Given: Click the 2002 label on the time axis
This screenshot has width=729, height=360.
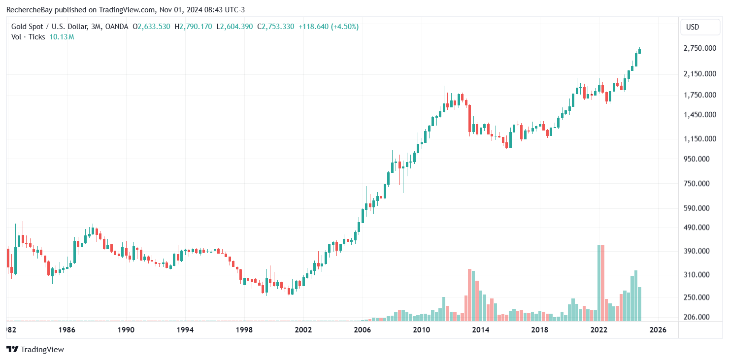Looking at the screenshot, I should pyautogui.click(x=303, y=330).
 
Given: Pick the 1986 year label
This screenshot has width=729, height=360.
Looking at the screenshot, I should pyautogui.click(x=67, y=330).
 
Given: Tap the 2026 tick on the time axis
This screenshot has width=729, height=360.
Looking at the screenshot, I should pyautogui.click(x=658, y=330).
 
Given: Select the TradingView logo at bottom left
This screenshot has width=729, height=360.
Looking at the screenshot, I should pyautogui.click(x=35, y=349).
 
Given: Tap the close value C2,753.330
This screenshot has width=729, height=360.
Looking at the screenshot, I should pyautogui.click(x=274, y=27).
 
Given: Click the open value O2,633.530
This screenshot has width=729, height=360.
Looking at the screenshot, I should pyautogui.click(x=152, y=27).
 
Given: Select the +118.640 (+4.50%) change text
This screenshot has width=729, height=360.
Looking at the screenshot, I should pyautogui.click(x=329, y=27).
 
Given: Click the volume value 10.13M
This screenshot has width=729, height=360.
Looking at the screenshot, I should pyautogui.click(x=62, y=37).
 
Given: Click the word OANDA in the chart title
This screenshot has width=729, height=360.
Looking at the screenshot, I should pyautogui.click(x=118, y=27).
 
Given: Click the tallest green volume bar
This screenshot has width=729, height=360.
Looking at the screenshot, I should pyautogui.click(x=598, y=283).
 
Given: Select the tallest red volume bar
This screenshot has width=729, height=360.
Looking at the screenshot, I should pyautogui.click(x=602, y=283).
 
